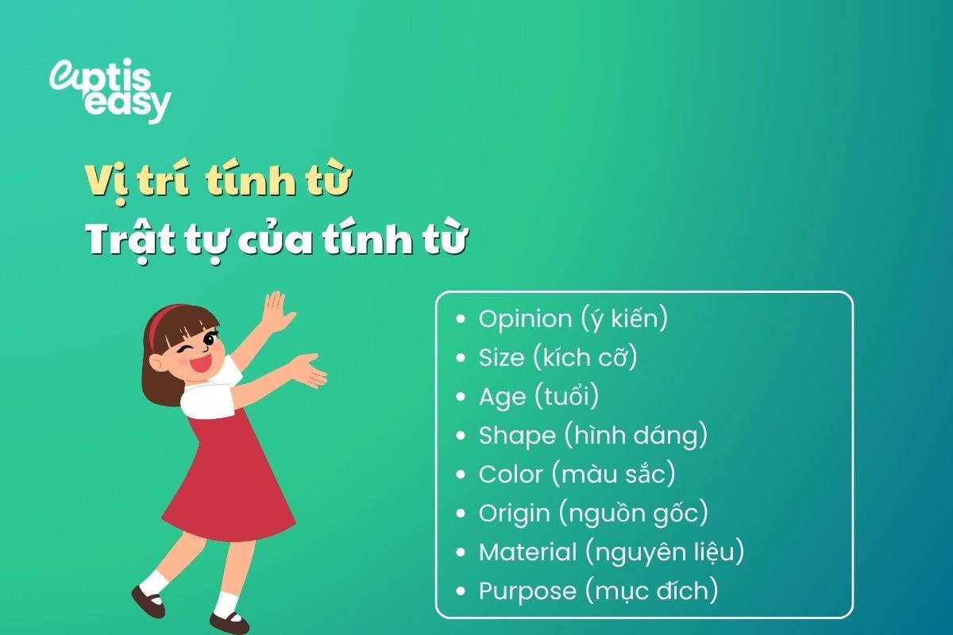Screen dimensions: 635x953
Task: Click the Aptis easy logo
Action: (x=110, y=91)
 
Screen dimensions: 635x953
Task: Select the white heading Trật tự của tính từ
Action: (x=275, y=239)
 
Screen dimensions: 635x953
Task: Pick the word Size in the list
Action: (x=501, y=358)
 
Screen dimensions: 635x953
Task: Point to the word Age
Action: (x=502, y=397)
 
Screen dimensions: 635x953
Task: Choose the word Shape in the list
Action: (x=517, y=435)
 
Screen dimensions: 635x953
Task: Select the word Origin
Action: (x=514, y=513)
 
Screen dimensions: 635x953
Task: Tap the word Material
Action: (x=527, y=552)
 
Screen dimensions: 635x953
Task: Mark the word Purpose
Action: (x=527, y=591)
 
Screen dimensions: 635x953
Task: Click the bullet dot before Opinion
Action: (x=461, y=320)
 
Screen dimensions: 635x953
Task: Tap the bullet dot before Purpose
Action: (x=461, y=591)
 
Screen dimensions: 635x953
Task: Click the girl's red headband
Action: (x=156, y=325)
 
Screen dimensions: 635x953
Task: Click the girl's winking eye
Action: (x=187, y=349)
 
